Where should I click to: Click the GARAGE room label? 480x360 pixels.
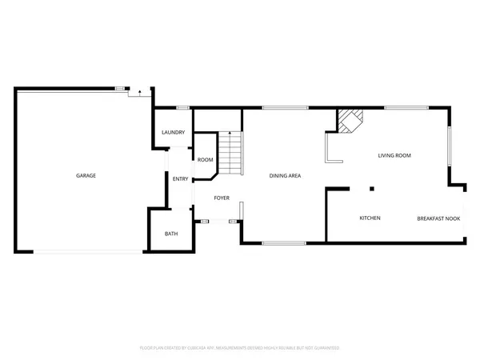click(x=86, y=175)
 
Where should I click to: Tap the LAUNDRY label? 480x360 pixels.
click(x=174, y=132)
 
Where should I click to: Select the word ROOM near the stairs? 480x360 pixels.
click(x=205, y=160)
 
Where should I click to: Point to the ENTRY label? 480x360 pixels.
click(x=180, y=178)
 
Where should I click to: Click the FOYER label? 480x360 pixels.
click(x=222, y=198)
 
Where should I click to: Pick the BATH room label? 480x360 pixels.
click(x=171, y=234)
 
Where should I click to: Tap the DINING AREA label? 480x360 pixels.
click(x=285, y=175)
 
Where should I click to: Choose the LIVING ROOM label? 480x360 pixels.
click(x=394, y=155)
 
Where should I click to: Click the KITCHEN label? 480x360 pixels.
click(x=370, y=218)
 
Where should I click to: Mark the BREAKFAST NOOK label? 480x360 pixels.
click(x=438, y=218)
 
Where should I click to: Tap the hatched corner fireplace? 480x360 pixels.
click(x=350, y=121)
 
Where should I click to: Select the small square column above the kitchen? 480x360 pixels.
click(x=371, y=189)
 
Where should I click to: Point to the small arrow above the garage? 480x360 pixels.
click(x=140, y=93)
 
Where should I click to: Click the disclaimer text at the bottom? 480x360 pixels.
click(x=240, y=348)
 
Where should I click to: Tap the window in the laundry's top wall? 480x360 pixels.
click(x=182, y=107)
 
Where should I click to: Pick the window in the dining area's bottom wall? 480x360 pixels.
click(x=283, y=242)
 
